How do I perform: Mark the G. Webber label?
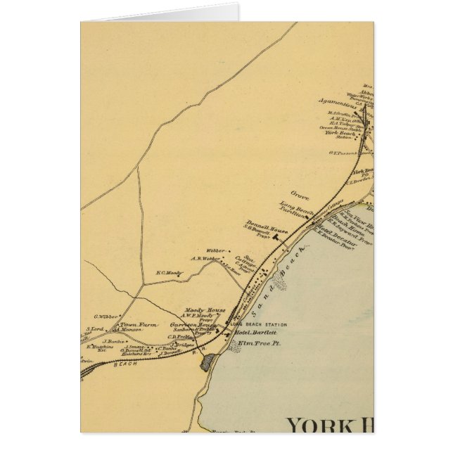(x=106, y=317)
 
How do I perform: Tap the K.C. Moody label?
(x=169, y=272)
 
